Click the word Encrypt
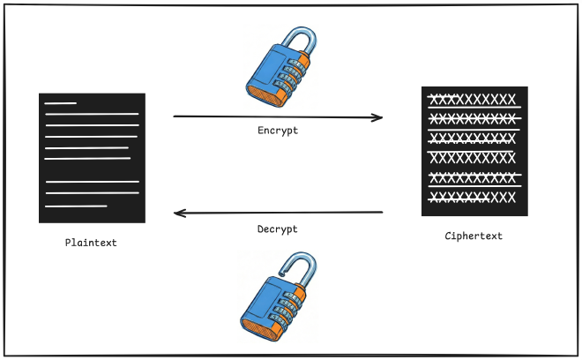pyautogui.click(x=278, y=131)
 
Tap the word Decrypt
pyautogui.click(x=278, y=229)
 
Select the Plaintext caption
pyautogui.click(x=91, y=242)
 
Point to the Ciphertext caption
pyautogui.click(x=474, y=236)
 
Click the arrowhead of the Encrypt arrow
pyautogui.click(x=378, y=117)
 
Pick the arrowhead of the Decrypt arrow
pyautogui.click(x=178, y=213)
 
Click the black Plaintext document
pyautogui.click(x=92, y=157)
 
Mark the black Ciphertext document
pyautogui.click(x=474, y=151)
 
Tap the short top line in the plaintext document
pyautogui.click(x=61, y=103)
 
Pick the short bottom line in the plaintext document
pyautogui.click(x=76, y=206)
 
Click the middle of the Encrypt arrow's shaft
pyautogui.click(x=278, y=116)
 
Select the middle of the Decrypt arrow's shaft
pyautogui.click(x=278, y=213)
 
